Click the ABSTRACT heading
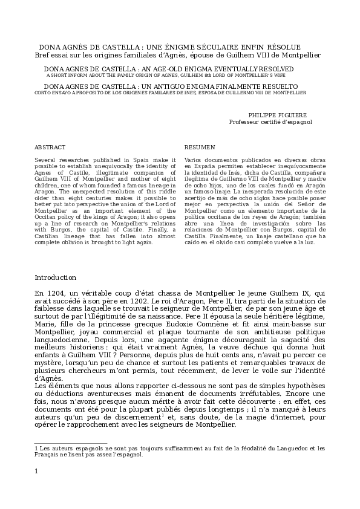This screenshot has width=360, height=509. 50,147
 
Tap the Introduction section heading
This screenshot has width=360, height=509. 56,277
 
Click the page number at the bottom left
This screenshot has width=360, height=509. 37,488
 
